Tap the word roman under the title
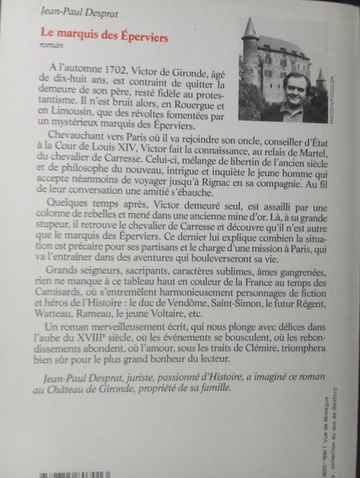coord(51,46)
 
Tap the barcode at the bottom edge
coord(75,474)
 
